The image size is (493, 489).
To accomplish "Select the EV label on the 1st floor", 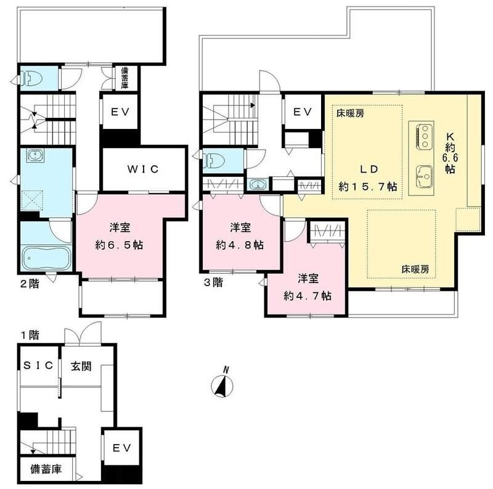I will (x=121, y=449).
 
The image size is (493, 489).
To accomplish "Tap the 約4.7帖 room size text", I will (x=308, y=295).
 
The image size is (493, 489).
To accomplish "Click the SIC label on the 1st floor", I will (x=38, y=366).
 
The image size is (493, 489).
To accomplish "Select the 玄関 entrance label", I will (x=81, y=366).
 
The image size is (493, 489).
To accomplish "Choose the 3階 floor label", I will (x=213, y=284).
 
